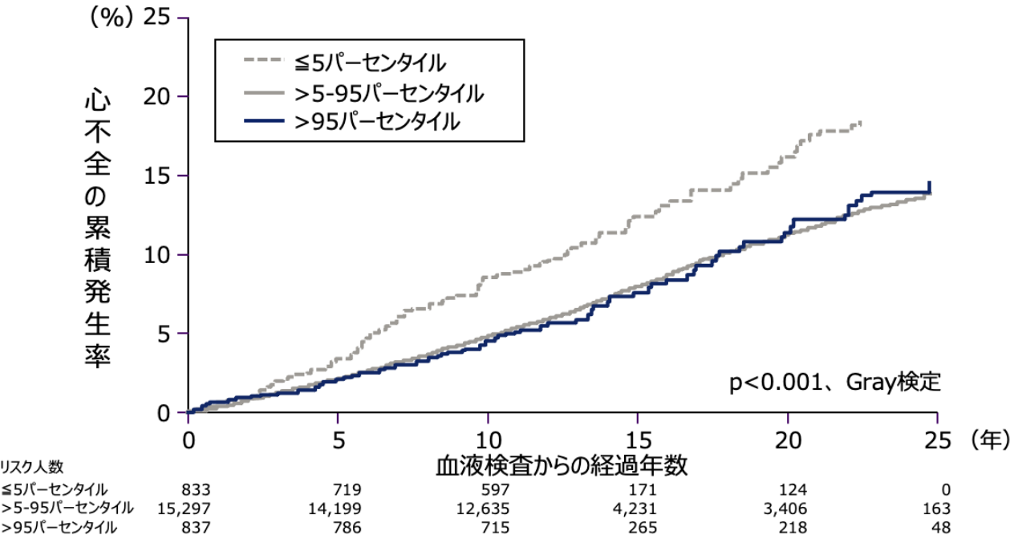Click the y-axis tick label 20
pyautogui.click(x=156, y=96)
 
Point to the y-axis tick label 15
pyautogui.click(x=156, y=176)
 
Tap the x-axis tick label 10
pyautogui.click(x=489, y=440)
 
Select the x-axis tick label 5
pyautogui.click(x=339, y=440)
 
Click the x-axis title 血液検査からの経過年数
pyautogui.click(x=562, y=466)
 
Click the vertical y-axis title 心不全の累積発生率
pyautogui.click(x=97, y=231)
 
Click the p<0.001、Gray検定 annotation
pyautogui.click(x=835, y=383)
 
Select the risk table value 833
pyautogui.click(x=196, y=489)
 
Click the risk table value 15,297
pyautogui.click(x=184, y=509)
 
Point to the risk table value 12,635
pyautogui.click(x=483, y=509)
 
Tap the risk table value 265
pyautogui.click(x=642, y=527)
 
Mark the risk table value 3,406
pyautogui.click(x=785, y=509)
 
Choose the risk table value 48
pyautogui.click(x=941, y=527)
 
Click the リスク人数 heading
pyautogui.click(x=32, y=467)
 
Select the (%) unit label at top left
pyautogui.click(x=112, y=19)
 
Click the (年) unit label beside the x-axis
pyautogui.click(x=990, y=440)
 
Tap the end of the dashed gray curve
pyautogui.click(x=860, y=122)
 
